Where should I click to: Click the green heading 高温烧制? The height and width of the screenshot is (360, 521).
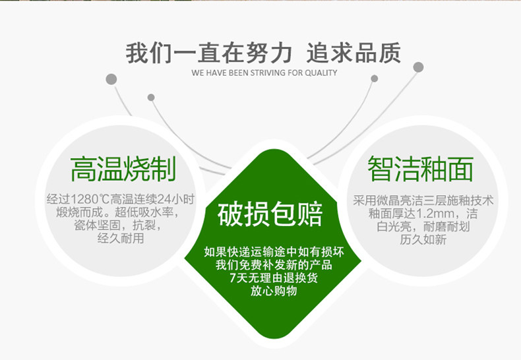[123, 169]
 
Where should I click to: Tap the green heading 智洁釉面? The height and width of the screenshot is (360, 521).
[420, 169]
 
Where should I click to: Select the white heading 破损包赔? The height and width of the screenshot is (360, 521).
[270, 214]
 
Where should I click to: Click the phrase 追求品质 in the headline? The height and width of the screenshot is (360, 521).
[353, 53]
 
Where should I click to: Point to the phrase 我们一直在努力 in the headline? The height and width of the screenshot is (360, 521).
[209, 53]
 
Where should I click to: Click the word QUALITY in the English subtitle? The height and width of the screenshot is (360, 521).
[321, 73]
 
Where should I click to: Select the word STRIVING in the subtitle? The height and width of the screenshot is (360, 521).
[268, 73]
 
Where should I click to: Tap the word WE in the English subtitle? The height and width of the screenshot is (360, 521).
[197, 73]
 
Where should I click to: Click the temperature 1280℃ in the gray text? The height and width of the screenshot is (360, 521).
[90, 199]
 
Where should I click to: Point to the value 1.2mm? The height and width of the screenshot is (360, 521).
[435, 213]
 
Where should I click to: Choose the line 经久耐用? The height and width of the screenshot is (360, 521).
[121, 238]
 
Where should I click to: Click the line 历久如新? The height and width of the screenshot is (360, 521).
[423, 239]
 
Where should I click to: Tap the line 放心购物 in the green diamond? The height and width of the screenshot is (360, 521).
[274, 291]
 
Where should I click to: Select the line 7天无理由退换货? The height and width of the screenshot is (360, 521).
[274, 278]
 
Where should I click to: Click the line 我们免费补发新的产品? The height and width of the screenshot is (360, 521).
[274, 264]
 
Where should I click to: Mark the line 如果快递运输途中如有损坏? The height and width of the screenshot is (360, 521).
[274, 252]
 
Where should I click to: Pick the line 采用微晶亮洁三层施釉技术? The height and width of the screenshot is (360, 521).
[423, 200]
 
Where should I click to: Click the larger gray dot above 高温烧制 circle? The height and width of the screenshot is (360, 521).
[111, 79]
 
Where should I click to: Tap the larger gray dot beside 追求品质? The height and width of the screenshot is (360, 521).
[418, 67]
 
